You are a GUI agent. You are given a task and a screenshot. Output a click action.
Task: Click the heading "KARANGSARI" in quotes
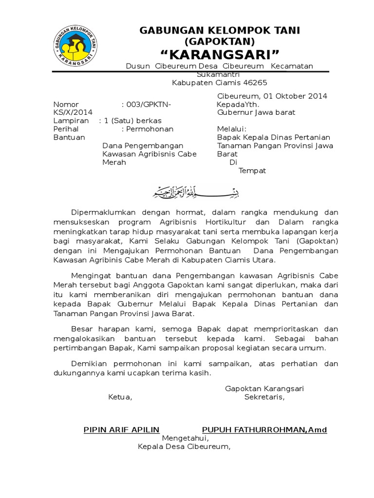(220, 53)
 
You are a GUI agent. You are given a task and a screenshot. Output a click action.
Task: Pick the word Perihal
(66, 129)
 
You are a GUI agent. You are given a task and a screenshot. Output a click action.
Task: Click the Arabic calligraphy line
(193, 193)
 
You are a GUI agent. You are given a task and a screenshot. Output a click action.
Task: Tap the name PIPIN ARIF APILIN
(122, 429)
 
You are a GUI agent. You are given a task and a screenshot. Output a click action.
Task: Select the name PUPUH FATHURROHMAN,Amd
(264, 429)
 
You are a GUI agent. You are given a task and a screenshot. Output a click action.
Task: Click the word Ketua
(120, 397)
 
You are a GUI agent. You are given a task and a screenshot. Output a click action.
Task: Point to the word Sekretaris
(264, 397)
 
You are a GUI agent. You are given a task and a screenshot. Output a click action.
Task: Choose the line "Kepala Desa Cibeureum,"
(184, 446)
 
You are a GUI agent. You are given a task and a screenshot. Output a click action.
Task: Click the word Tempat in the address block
(252, 171)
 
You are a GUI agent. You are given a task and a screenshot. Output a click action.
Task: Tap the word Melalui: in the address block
(231, 129)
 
